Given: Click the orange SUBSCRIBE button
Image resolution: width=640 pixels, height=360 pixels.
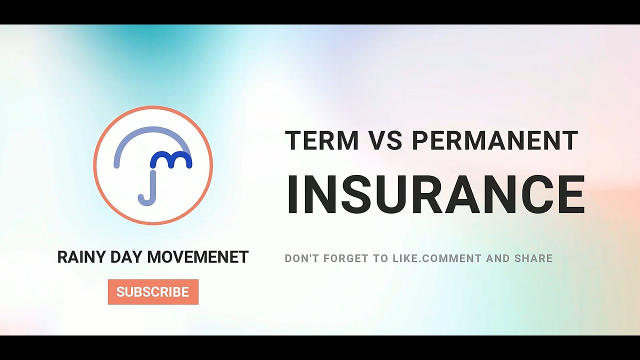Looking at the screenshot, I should pyautogui.click(x=153, y=292).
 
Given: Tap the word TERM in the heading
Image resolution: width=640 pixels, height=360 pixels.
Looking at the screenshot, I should pyautogui.click(x=322, y=140).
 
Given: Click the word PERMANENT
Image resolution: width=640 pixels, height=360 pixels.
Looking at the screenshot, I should pyautogui.click(x=495, y=140).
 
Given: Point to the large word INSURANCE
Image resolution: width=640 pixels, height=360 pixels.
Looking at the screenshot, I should pyautogui.click(x=435, y=195).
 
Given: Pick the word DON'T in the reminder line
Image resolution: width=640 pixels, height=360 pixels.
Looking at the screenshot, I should pyautogui.click(x=301, y=258).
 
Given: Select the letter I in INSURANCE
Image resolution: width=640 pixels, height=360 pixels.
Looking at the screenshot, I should pyautogui.click(x=294, y=195).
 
